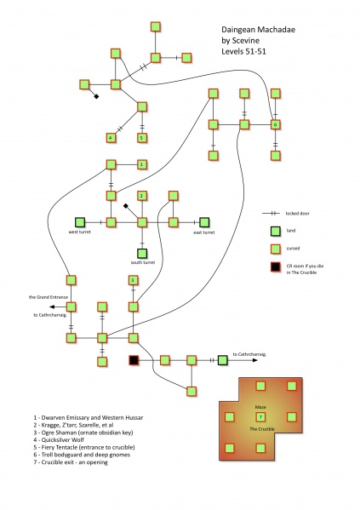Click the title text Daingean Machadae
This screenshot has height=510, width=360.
point(249,27)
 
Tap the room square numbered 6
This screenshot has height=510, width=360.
point(275,125)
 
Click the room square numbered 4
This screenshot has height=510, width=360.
point(111,137)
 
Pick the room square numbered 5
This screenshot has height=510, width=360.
point(141,137)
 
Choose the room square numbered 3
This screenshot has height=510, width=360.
point(133,280)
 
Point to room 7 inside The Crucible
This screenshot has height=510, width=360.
point(260,416)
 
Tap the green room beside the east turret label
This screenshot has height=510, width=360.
point(204,222)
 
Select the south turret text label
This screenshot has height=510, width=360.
point(142,263)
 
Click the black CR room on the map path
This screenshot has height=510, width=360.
point(133,361)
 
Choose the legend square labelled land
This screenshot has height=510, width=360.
point(275,231)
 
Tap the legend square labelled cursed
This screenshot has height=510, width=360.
point(275,249)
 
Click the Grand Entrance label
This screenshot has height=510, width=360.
point(45,297)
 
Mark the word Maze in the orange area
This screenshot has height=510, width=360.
point(260,407)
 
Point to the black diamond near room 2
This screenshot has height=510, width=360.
point(126,207)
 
